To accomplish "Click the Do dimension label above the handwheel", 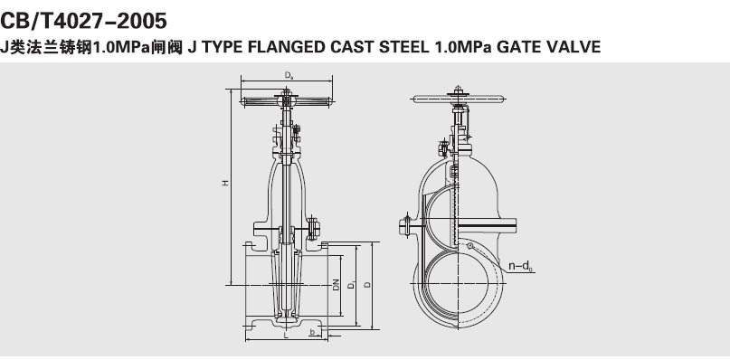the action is [289, 75].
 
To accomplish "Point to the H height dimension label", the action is [225, 183].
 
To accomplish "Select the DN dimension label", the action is [337, 285].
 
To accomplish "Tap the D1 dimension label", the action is [352, 285].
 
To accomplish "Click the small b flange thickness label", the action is [312, 332].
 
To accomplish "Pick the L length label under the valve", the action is [287, 335].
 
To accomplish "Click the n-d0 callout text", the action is [520, 266].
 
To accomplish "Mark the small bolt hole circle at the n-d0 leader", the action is [470, 245].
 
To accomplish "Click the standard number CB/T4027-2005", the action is [83, 21].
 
